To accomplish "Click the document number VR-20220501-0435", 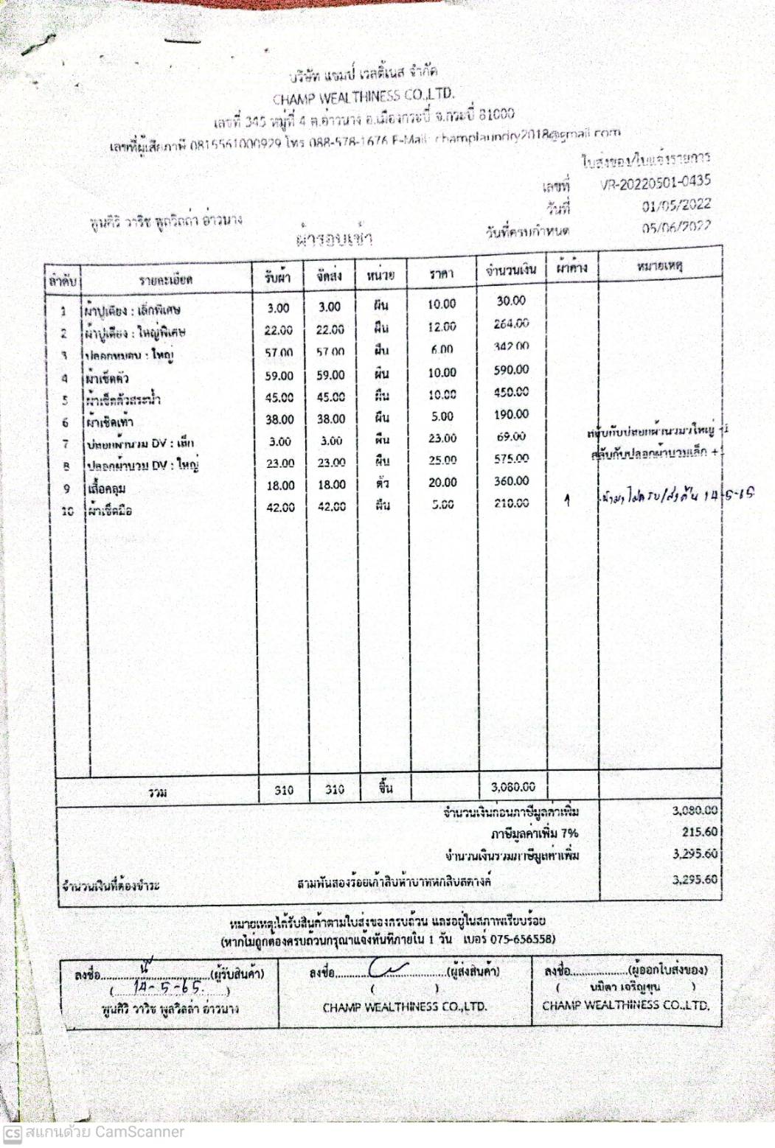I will coord(656,183).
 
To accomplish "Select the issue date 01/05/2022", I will coord(675,205).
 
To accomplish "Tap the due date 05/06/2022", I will coord(675,227).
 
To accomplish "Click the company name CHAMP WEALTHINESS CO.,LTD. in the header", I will coord(364,96).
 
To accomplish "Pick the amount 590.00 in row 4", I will coord(511,370).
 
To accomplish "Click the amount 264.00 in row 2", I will coord(511,323).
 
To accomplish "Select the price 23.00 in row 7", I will coord(442,438).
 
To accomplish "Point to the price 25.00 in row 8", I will coord(442,460).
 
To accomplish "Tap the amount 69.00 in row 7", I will coord(511,437).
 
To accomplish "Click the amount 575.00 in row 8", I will coord(511,458).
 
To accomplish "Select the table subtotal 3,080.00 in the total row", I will coord(512,787).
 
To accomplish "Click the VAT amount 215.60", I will coord(699,832).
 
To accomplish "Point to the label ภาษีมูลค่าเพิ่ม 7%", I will coord(535,833).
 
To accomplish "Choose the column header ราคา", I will coord(441,274).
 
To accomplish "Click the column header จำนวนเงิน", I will coord(510,270).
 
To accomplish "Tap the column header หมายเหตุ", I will coord(659,266).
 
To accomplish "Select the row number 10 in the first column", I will coord(67,511).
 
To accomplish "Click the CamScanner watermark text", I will coord(104,1132).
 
